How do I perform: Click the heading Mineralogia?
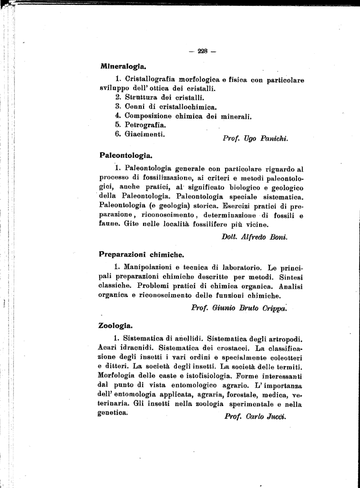123,66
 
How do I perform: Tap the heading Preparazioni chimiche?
141,254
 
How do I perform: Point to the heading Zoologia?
115,326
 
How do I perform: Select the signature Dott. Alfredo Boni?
255,237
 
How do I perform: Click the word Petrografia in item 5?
145,125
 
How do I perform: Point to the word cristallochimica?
185,106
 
